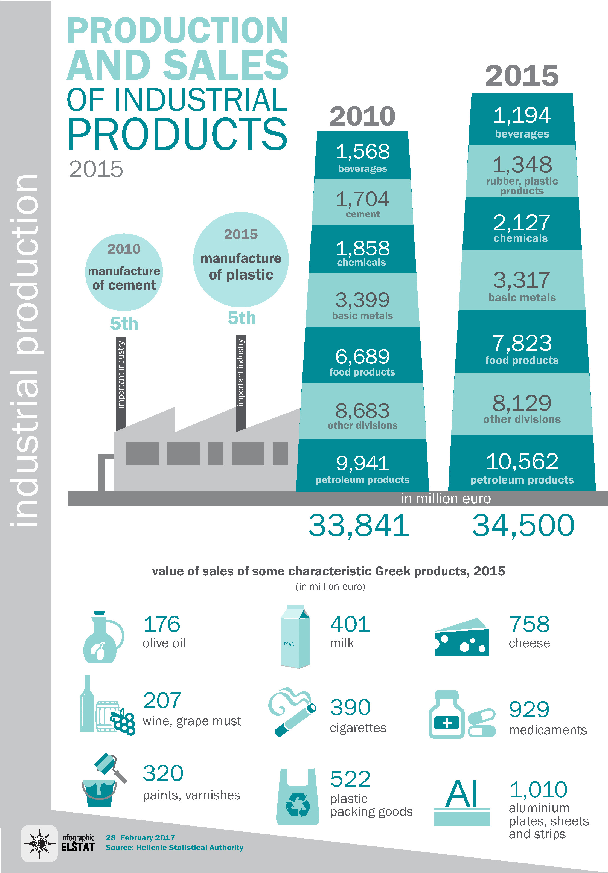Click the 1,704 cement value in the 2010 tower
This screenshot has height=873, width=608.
pyautogui.click(x=362, y=199)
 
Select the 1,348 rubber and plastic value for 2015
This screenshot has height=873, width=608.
pyautogui.click(x=522, y=165)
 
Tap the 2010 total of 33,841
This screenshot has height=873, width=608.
pyautogui.click(x=358, y=525)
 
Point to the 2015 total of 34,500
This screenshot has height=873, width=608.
pyautogui.click(x=523, y=525)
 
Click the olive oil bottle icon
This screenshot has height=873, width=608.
pyautogui.click(x=102, y=638)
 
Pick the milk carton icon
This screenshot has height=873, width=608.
pyautogui.click(x=295, y=637)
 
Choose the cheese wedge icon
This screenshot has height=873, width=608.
pyautogui.click(x=462, y=638)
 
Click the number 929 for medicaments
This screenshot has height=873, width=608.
pyautogui.click(x=529, y=709)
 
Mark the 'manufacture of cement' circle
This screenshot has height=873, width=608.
pyautogui.click(x=124, y=272)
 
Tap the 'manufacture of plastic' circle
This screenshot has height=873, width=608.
pyautogui.click(x=241, y=260)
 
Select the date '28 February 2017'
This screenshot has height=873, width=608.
pyautogui.click(x=140, y=838)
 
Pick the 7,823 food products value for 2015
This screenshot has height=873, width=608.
pyautogui.click(x=522, y=343)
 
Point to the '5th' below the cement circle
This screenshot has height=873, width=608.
pyautogui.click(x=124, y=324)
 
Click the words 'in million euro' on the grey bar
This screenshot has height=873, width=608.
pyautogui.click(x=446, y=499)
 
